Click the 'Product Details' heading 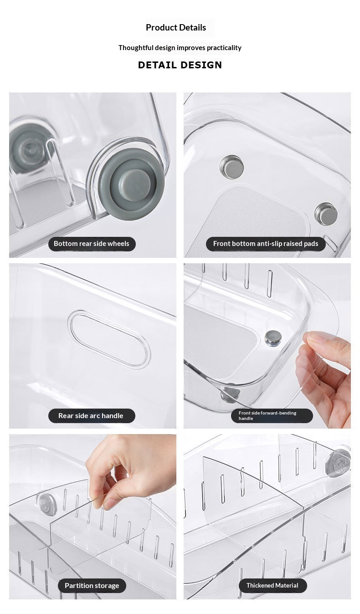[176, 28]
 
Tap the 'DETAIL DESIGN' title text [180, 65]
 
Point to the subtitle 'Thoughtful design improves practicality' [180, 48]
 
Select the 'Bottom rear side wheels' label [92, 244]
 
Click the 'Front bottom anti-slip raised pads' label [266, 244]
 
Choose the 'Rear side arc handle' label [92, 415]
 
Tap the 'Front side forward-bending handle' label [272, 415]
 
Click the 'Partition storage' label [92, 585]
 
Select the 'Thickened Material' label [273, 585]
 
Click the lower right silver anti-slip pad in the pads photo [326, 214]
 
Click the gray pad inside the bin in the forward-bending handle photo [273, 338]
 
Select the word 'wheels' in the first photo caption [119, 244]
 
